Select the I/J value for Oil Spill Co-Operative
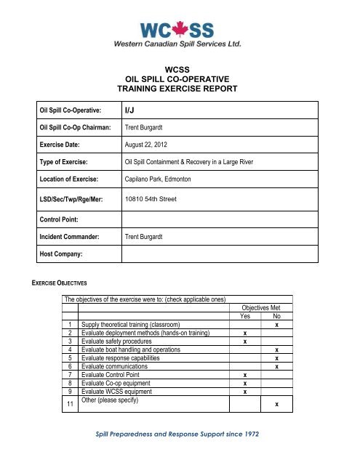[131, 110]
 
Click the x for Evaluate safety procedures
[245, 341]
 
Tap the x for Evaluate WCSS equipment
[245, 392]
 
